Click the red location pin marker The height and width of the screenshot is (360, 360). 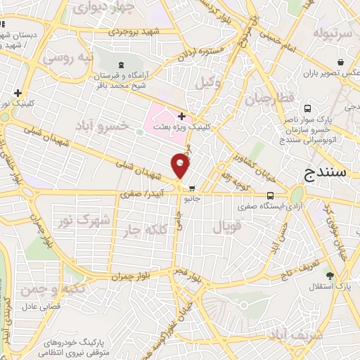181,166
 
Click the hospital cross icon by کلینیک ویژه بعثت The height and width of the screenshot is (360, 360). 181,116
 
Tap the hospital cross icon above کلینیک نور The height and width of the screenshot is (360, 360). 18,93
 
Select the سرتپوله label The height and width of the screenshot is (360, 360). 330,33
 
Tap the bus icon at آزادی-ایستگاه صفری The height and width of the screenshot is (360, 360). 271,196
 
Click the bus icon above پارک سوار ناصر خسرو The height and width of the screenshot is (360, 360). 308,108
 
